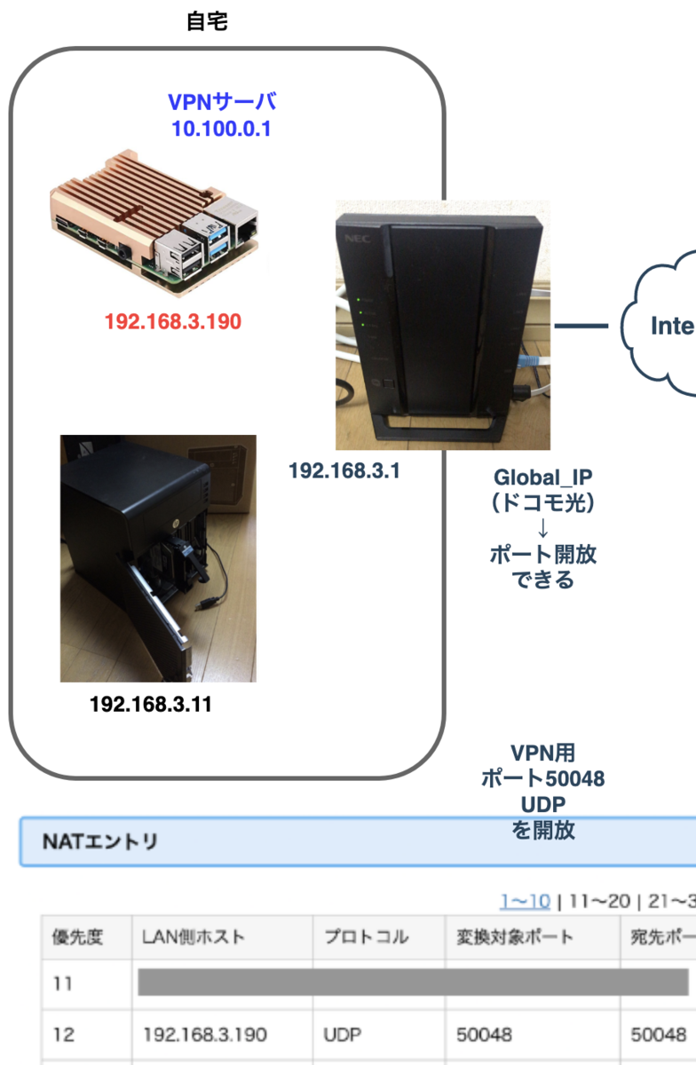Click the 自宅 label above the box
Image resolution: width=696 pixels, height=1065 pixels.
207,22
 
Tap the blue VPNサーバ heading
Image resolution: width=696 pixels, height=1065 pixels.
222,102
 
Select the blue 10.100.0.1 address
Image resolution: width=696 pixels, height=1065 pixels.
222,130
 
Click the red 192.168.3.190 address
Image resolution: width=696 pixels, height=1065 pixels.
172,321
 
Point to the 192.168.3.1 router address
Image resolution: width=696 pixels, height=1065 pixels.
344,470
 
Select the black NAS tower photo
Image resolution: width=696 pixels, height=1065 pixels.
158,557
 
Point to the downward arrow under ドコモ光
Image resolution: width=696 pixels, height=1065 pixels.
543,530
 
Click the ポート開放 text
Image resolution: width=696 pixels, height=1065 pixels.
543,556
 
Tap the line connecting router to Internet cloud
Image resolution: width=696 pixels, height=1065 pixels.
581,326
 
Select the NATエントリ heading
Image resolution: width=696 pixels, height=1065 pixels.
99,841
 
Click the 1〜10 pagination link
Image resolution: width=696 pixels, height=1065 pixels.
524,902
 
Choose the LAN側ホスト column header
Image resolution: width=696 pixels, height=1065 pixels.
194,936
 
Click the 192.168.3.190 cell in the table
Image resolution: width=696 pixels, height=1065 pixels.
204,1035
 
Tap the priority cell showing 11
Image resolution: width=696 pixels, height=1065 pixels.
64,984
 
